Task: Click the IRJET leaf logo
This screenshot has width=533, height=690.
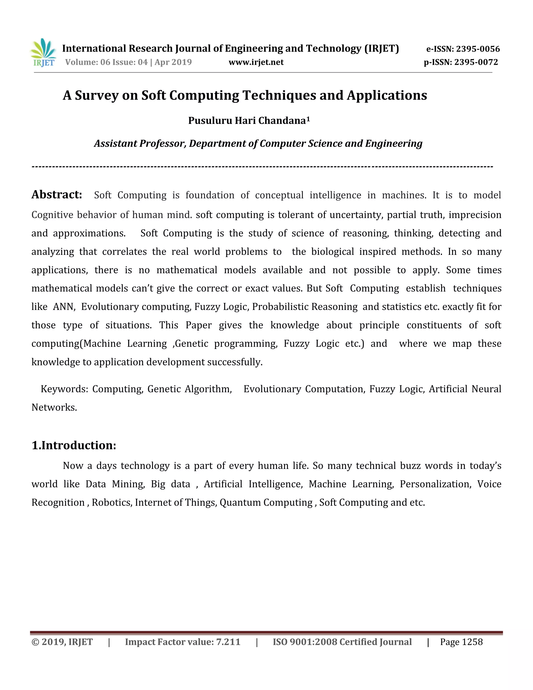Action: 43,52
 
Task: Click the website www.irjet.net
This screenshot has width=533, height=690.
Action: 256,62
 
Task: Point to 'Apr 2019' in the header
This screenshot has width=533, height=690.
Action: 173,62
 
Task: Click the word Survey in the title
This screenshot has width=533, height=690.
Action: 96,95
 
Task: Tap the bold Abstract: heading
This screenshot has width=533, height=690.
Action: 56,195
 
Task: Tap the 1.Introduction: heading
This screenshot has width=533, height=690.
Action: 74,445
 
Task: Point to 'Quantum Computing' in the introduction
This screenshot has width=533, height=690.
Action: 266,503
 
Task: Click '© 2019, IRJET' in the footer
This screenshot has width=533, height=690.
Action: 62,642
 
